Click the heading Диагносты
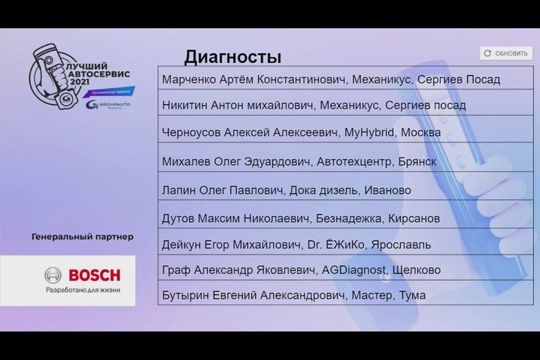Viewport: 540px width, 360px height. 233,57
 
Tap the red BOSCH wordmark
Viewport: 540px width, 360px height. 95,275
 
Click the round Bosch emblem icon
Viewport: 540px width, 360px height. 53,275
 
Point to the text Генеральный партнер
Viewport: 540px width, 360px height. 82,237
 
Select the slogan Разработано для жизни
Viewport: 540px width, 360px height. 83,290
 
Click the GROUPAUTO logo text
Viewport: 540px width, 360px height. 115,103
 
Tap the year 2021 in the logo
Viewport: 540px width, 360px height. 80,82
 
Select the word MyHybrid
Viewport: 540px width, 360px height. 369,132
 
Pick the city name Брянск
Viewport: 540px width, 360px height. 417,161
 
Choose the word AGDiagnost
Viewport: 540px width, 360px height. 354,270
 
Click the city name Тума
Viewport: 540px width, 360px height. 412,295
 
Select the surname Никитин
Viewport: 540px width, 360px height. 184,105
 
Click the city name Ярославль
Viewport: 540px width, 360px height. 401,245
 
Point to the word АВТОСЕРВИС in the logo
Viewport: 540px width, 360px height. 99,74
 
